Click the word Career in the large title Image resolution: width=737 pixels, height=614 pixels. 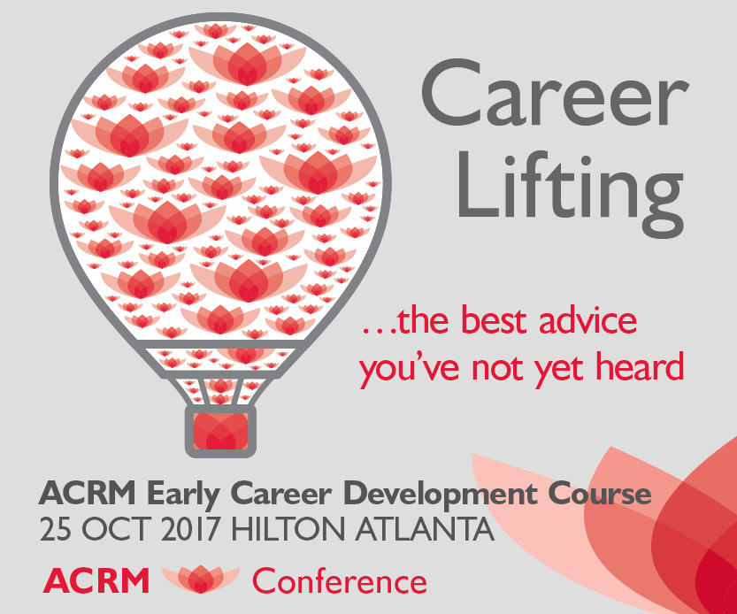tap(552, 98)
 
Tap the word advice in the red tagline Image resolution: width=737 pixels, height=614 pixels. tap(584, 320)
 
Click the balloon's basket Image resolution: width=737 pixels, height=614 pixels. tap(219, 431)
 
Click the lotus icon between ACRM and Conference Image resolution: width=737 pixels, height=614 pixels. tap(200, 579)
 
